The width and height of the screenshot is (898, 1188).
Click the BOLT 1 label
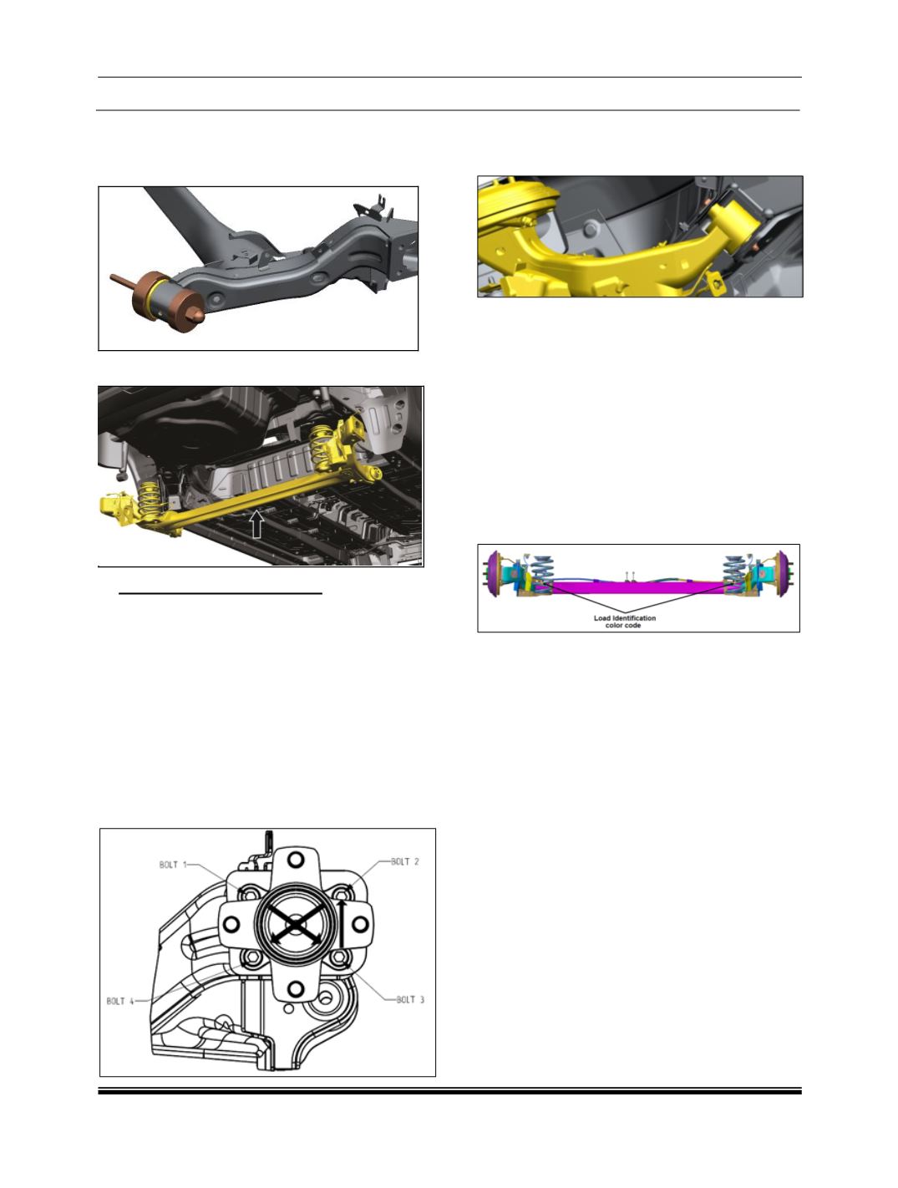tap(173, 865)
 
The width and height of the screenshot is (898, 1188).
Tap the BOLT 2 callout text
tap(405, 861)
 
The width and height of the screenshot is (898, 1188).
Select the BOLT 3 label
tap(410, 999)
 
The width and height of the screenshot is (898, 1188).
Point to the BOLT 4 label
tap(120, 1001)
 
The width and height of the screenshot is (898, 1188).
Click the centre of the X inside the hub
tap(296, 925)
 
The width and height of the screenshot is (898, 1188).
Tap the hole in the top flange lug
tap(295, 859)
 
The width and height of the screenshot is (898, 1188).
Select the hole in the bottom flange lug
tap(296, 990)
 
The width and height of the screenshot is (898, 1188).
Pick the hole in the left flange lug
tap(231, 925)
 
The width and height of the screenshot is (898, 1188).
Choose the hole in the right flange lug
tap(360, 925)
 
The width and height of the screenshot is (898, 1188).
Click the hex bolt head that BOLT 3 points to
tap(340, 958)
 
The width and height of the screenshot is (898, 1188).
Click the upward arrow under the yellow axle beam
tap(257, 524)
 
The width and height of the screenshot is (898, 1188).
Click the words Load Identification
tap(624, 617)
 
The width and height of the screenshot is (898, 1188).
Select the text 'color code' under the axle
tap(622, 625)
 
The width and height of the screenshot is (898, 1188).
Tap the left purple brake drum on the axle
tap(494, 574)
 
